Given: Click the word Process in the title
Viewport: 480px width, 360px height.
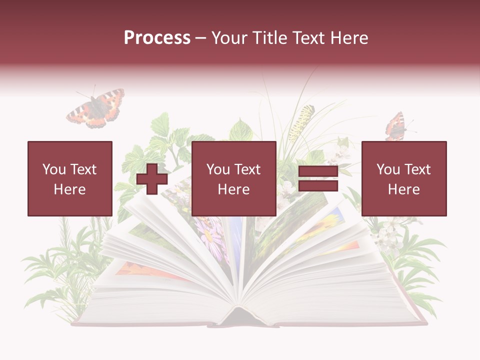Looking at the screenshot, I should [157, 38].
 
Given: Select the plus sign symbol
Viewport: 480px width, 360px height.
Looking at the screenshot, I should [152, 179].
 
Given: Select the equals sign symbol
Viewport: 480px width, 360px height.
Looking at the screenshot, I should [318, 179].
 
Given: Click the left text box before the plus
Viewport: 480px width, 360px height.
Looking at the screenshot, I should [69, 178].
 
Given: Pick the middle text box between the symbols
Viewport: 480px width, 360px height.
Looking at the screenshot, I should [233, 178].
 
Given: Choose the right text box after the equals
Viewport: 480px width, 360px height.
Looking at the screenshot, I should [403, 178].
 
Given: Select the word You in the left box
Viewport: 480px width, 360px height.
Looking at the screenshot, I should [53, 169].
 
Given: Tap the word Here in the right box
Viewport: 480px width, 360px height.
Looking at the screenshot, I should [403, 189].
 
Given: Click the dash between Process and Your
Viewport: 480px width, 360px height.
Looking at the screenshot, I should [201, 38].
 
